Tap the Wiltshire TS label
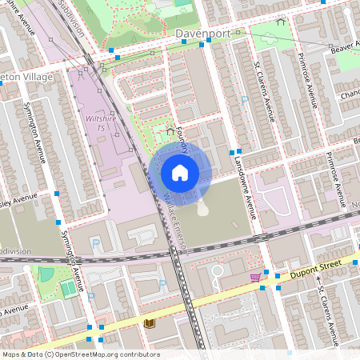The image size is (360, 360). pos(95,122)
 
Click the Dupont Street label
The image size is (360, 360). pos(316,269)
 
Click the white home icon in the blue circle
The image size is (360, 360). pos(180,173)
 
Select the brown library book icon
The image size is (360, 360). pos(149,323)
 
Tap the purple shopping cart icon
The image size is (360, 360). pos(255,278)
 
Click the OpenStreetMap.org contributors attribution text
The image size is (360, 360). pos(108,354)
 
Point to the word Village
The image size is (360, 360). pos(38,76)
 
